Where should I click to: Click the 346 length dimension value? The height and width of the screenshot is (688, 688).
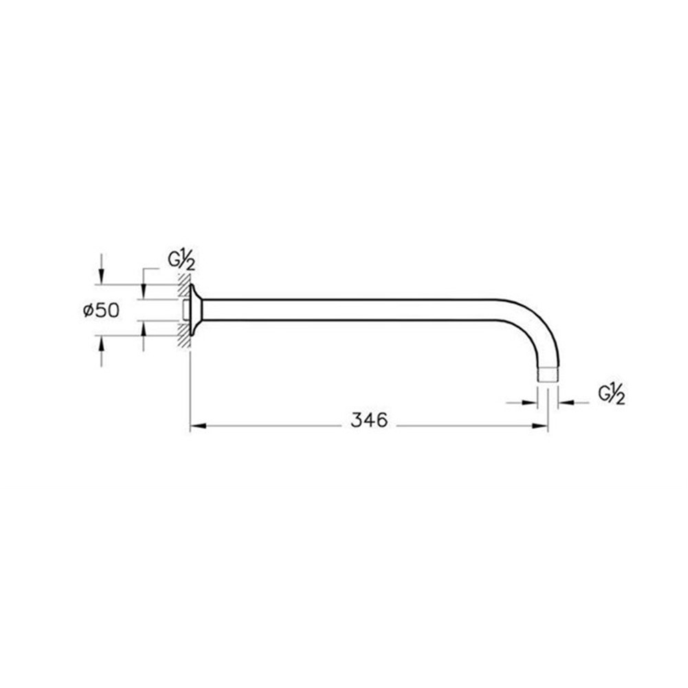coord(369,420)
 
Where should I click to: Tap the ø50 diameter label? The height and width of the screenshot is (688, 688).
coord(101,311)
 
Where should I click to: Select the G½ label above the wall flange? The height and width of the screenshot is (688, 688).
coord(181,260)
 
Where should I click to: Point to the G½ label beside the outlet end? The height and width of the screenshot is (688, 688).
coord(611,394)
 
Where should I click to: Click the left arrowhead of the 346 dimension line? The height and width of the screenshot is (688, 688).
coord(199,425)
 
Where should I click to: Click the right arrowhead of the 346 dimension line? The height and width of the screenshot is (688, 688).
coord(540,425)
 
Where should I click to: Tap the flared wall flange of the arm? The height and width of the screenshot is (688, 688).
coord(196,310)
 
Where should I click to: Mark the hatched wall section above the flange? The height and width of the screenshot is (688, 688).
coord(184,286)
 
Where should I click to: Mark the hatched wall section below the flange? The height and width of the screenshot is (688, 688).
coord(184,335)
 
